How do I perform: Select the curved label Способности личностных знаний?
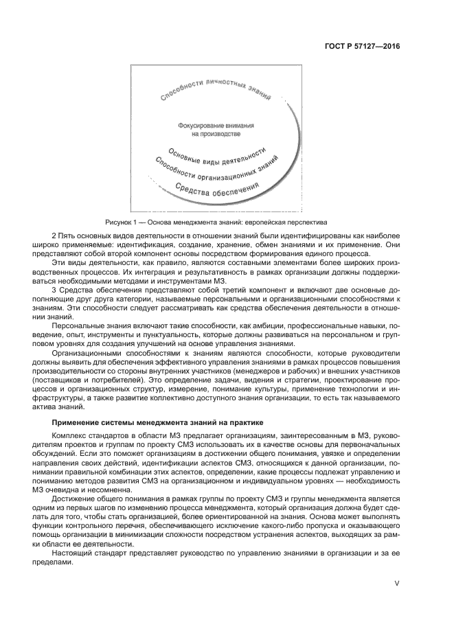[215, 90]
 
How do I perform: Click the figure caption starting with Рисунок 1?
[216, 222]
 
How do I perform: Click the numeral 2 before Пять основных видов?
[54, 236]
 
